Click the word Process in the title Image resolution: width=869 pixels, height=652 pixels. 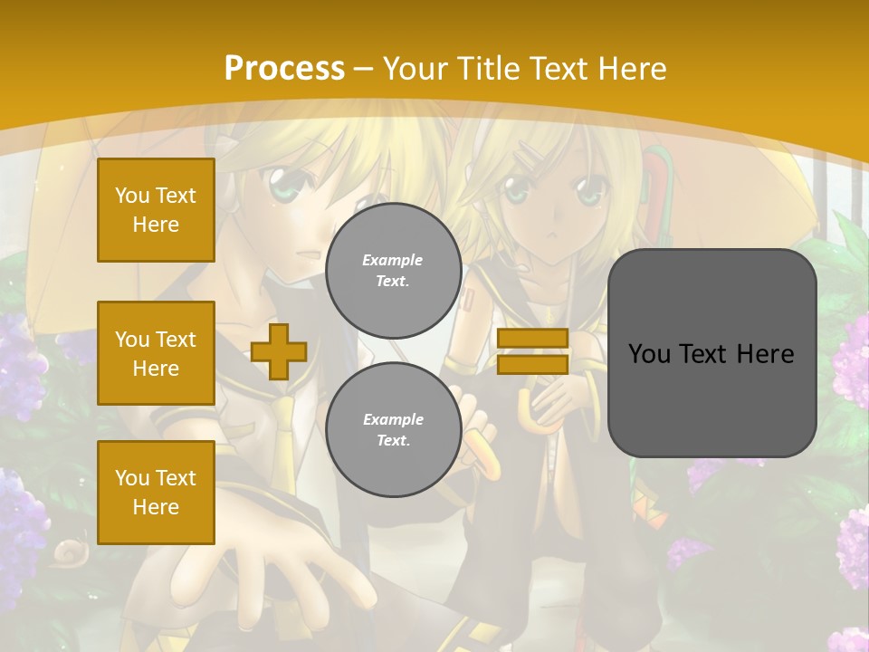(284, 69)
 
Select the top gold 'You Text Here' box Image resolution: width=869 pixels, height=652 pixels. (156, 210)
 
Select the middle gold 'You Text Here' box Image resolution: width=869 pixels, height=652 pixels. (156, 353)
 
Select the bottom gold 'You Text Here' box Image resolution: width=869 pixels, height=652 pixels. (156, 493)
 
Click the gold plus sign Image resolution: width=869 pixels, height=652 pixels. (279, 351)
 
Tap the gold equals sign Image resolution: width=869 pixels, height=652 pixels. (532, 351)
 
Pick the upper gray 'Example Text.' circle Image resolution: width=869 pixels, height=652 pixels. (393, 270)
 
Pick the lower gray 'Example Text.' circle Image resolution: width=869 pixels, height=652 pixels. (393, 429)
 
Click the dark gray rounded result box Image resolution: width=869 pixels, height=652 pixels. (711, 353)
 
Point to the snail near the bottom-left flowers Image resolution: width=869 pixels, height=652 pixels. (69, 551)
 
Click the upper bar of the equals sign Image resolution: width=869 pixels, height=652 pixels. (532, 338)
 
